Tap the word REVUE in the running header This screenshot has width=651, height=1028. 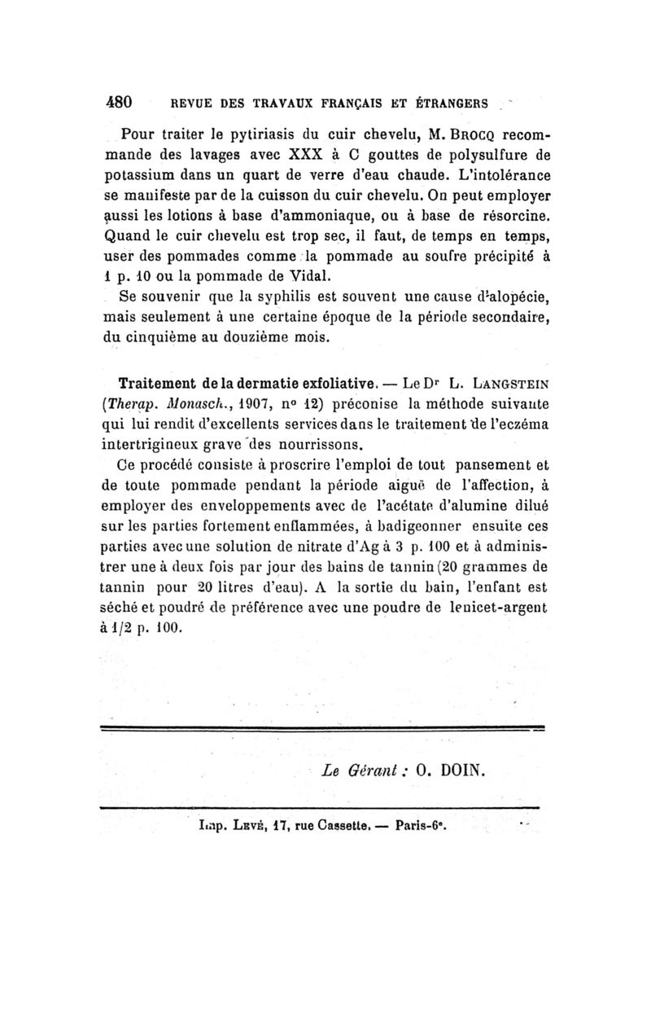click(x=191, y=104)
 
